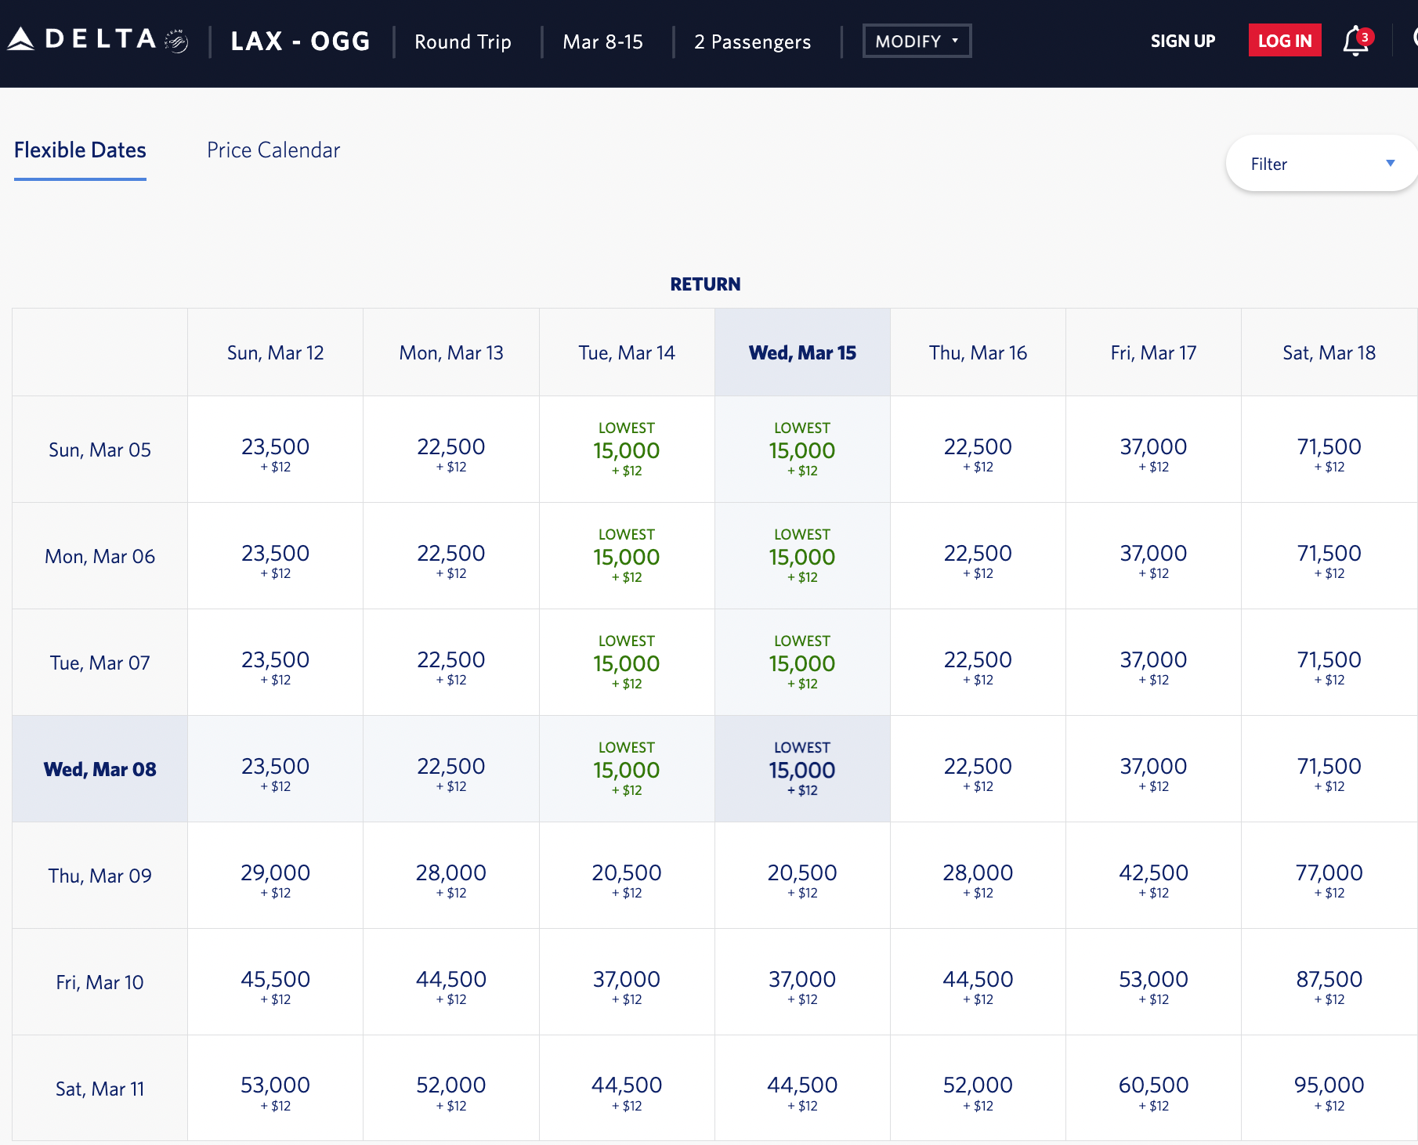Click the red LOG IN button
tap(1284, 41)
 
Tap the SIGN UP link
tap(1182, 41)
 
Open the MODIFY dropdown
tap(917, 41)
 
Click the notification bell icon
tap(1355, 41)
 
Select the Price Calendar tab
tap(273, 150)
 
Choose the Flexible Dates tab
tap(80, 150)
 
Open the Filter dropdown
tap(1322, 164)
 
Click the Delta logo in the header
tap(98, 40)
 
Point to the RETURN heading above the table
tap(705, 284)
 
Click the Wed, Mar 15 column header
tap(802, 353)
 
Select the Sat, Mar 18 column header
tap(1329, 353)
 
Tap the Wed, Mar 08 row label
tap(99, 769)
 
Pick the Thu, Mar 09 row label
tap(99, 876)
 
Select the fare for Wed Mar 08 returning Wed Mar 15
tap(802, 769)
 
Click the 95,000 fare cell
tap(1329, 1089)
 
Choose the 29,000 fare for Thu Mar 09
tap(275, 876)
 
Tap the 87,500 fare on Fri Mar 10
tap(1329, 982)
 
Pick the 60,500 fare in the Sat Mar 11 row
tap(1153, 1089)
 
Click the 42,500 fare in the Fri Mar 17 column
tap(1153, 876)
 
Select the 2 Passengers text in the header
tap(752, 42)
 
